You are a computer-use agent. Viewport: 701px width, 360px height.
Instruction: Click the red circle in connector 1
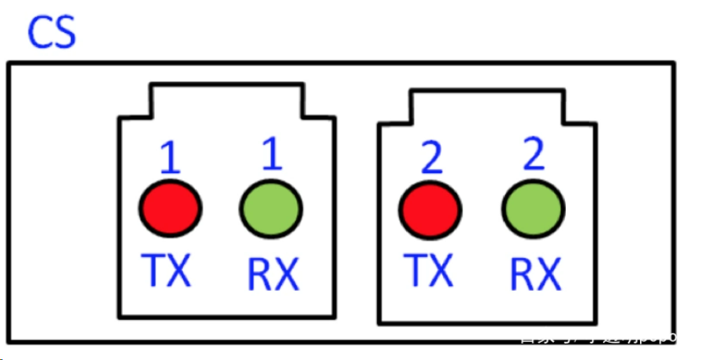coord(170,207)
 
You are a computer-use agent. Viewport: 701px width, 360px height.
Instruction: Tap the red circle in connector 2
coord(429,208)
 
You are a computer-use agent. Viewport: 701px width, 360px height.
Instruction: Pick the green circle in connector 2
coord(533,208)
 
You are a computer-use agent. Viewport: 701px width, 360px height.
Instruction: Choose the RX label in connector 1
coord(273,274)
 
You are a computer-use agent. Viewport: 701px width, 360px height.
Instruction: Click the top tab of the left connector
coord(227,100)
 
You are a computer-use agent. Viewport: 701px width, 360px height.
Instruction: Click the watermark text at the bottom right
coord(597,337)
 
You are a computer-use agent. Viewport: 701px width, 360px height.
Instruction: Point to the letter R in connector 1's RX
coord(259,274)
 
